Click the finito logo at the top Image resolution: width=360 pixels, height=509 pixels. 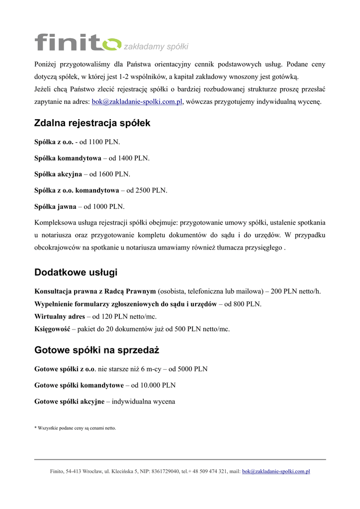click(77, 42)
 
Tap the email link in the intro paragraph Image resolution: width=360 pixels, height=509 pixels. click(138, 102)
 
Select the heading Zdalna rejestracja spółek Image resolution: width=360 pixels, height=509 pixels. click(92, 123)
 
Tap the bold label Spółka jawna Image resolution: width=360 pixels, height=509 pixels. click(55, 206)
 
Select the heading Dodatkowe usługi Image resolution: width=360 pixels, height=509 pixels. click(76, 272)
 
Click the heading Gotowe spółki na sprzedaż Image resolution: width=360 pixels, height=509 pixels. click(96, 350)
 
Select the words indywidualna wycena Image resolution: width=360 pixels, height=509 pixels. click(143, 401)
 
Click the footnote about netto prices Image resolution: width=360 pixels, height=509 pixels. click(75, 428)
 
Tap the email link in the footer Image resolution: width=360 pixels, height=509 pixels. click(276, 471)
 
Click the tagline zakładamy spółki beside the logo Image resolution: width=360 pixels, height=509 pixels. click(156, 47)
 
